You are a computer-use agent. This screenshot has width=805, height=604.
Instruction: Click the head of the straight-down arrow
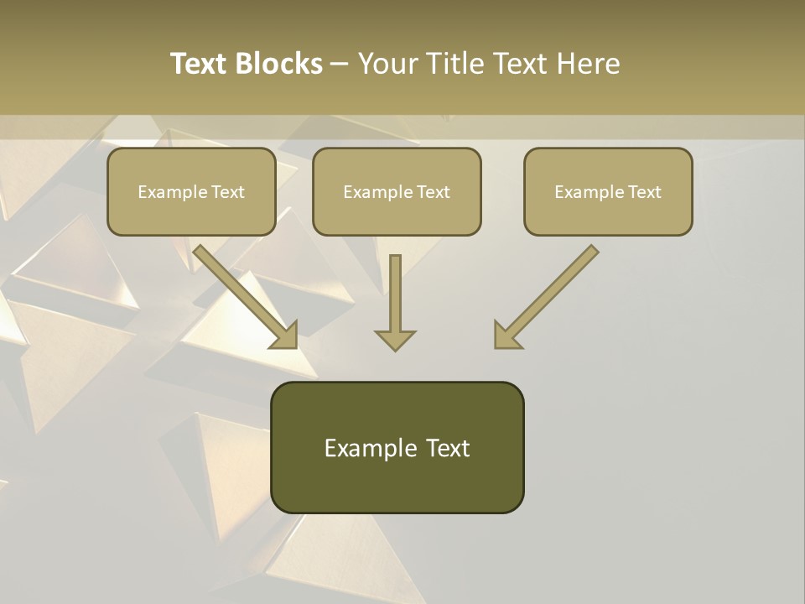(x=395, y=340)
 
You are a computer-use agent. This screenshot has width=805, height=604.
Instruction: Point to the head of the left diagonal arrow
(x=285, y=336)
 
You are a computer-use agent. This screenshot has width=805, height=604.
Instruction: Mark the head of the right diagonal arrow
(x=506, y=336)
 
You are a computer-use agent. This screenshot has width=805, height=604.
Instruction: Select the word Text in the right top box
(x=644, y=192)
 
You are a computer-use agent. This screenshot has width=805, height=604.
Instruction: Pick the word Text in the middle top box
(x=433, y=192)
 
